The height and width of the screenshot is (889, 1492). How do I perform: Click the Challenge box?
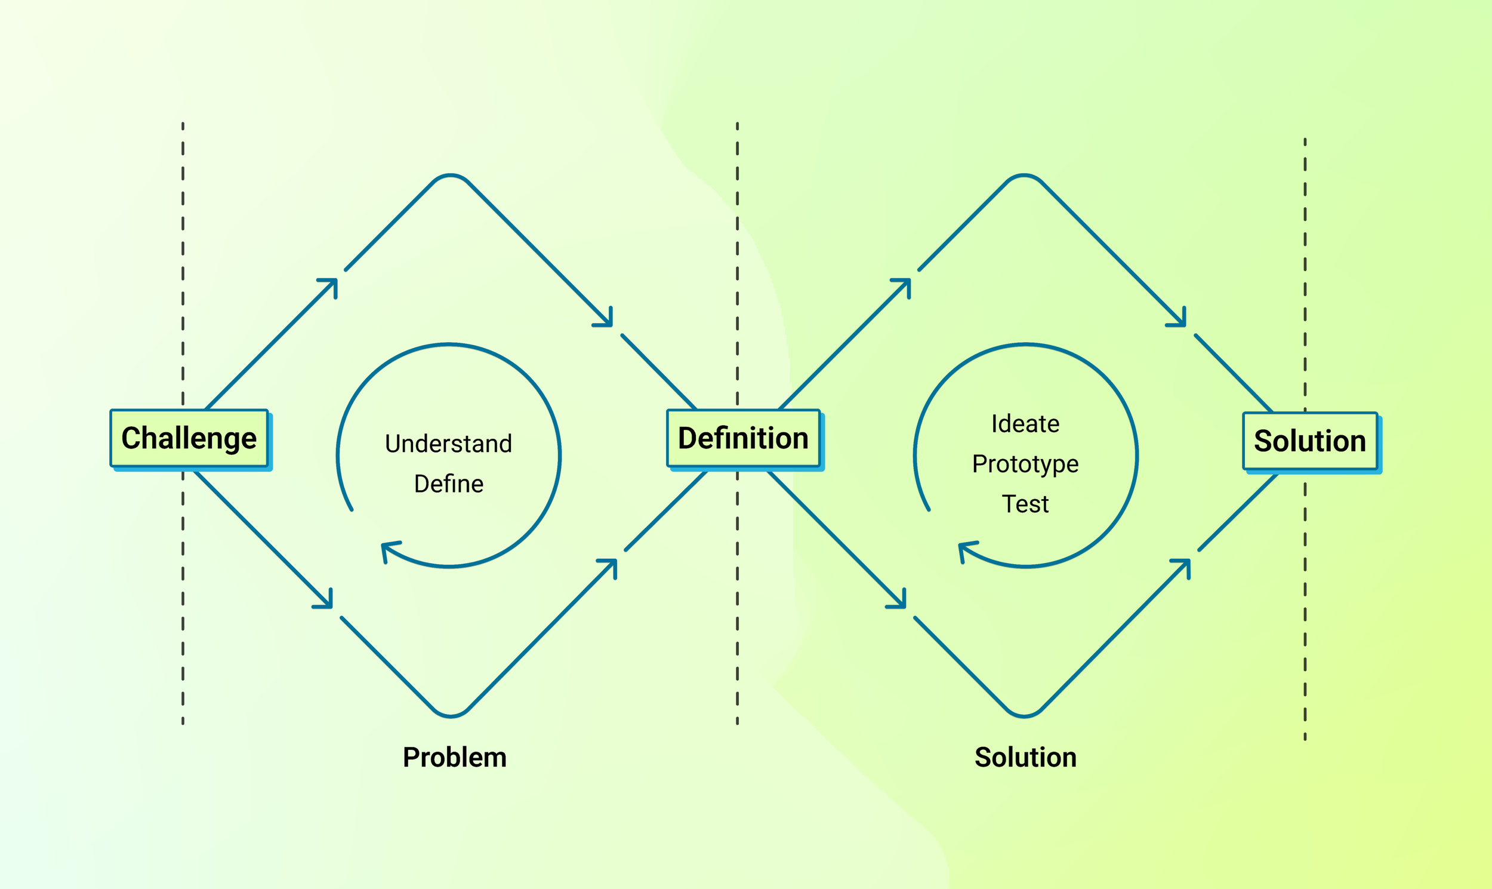pos(189,438)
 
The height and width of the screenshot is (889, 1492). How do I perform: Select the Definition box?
pos(743,438)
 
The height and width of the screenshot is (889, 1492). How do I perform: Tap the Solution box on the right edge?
pos(1310,441)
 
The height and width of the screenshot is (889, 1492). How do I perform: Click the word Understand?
pos(448,444)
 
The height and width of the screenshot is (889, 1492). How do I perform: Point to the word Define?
pos(448,484)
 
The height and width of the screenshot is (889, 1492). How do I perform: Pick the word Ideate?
pos(1025,424)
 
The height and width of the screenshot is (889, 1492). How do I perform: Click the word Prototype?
pos(1025,465)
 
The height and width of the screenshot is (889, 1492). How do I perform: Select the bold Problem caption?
pos(454,757)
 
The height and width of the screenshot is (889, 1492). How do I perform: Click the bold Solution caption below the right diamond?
pos(1025,757)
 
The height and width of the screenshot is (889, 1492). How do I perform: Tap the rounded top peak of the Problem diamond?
pos(450,176)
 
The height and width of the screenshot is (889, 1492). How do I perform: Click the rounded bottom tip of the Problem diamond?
pos(450,715)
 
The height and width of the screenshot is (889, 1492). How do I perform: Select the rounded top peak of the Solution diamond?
pos(1024,176)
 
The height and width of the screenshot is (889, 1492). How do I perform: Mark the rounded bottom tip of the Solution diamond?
pos(1024,715)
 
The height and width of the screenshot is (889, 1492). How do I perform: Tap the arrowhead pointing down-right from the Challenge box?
pos(327,602)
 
